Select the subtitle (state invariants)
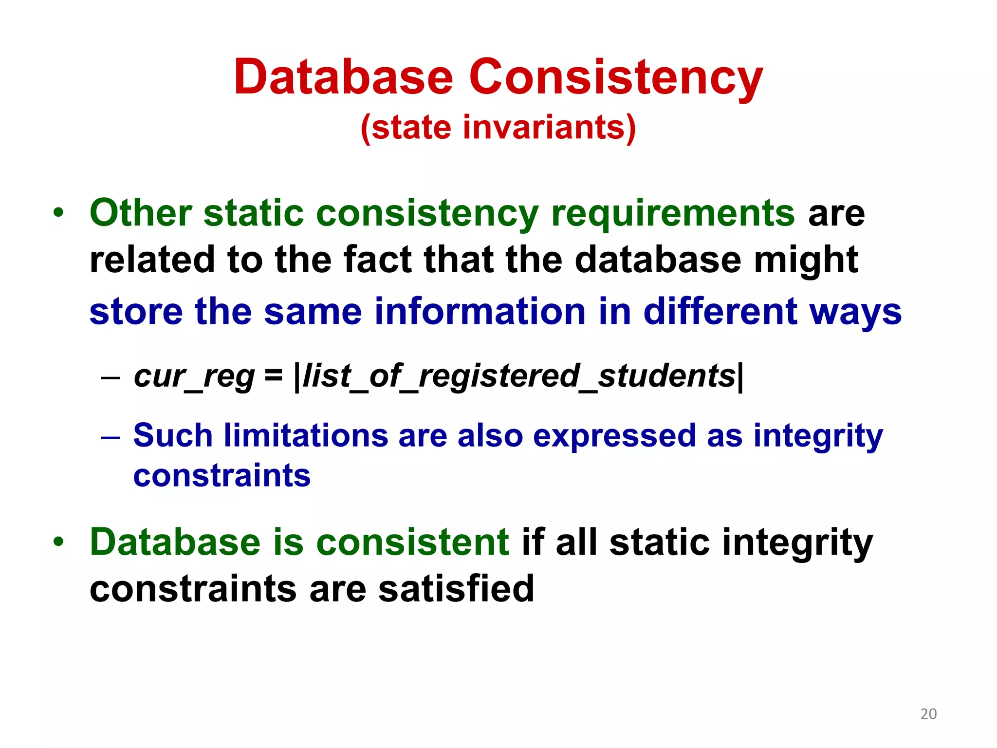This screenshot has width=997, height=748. (498, 128)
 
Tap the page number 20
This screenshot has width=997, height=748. (928, 714)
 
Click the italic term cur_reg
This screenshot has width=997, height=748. (194, 376)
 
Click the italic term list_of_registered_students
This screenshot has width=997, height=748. (519, 376)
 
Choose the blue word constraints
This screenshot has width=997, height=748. (222, 476)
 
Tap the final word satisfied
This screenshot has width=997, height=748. (456, 589)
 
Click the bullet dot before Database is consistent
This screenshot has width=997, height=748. (59, 542)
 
